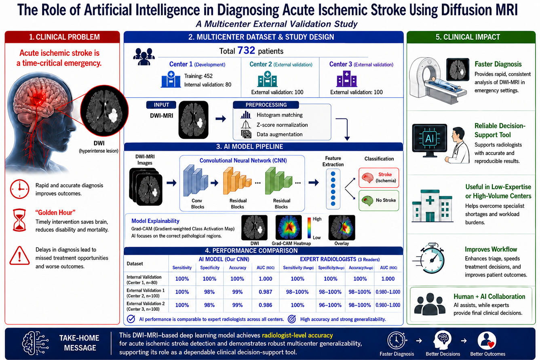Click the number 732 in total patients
point(246,51)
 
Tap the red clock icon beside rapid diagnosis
point(19,189)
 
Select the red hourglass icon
point(19,220)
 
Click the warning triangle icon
point(19,255)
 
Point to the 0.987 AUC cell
point(266,292)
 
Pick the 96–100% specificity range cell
point(330,305)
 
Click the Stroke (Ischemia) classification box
point(379,178)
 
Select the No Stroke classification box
point(379,200)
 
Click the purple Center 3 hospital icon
point(347,79)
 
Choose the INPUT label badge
point(161,105)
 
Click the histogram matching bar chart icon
point(246,115)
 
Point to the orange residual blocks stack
point(237,181)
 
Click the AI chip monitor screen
point(430,139)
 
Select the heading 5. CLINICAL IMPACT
point(468,37)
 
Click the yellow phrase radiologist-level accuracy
point(297,335)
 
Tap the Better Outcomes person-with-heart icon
point(487,341)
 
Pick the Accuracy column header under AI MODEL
point(237,267)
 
